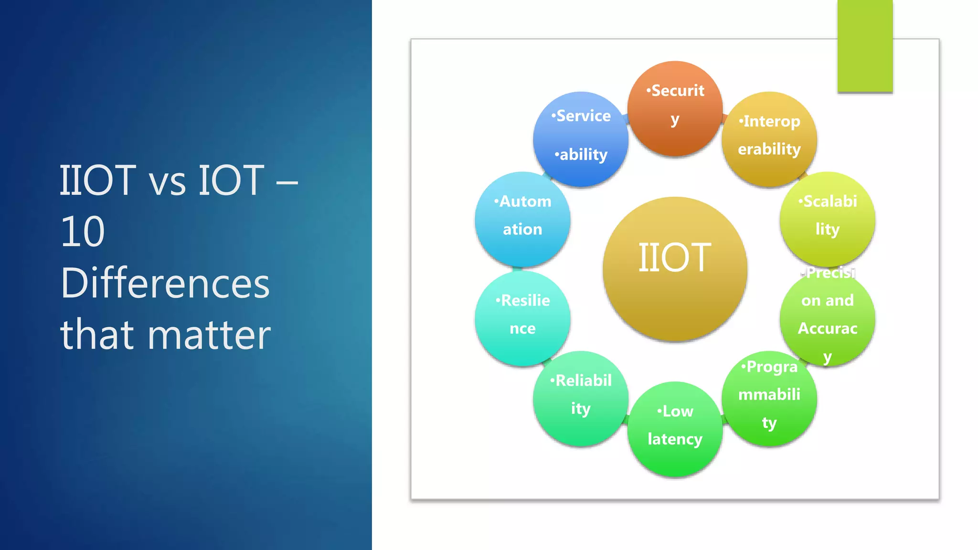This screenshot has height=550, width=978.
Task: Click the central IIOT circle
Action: (675, 269)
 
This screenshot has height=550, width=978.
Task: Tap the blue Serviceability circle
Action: (581, 139)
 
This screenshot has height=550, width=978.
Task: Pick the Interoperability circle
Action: (769, 139)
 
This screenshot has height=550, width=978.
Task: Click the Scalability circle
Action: (827, 219)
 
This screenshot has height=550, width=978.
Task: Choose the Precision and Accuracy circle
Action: (827, 319)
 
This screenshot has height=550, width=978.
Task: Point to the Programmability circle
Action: (769, 399)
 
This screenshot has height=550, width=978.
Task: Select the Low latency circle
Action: (675, 429)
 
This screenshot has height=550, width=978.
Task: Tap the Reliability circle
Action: (581, 399)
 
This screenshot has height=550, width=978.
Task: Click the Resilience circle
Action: (522, 318)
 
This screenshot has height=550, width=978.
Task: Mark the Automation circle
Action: (522, 219)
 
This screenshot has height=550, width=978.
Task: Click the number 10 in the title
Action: (83, 232)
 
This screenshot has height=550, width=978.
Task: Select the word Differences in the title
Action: (165, 283)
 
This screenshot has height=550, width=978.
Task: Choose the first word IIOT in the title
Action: (97, 180)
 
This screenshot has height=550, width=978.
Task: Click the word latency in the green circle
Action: (675, 439)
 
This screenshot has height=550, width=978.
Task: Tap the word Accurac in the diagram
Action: (827, 328)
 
